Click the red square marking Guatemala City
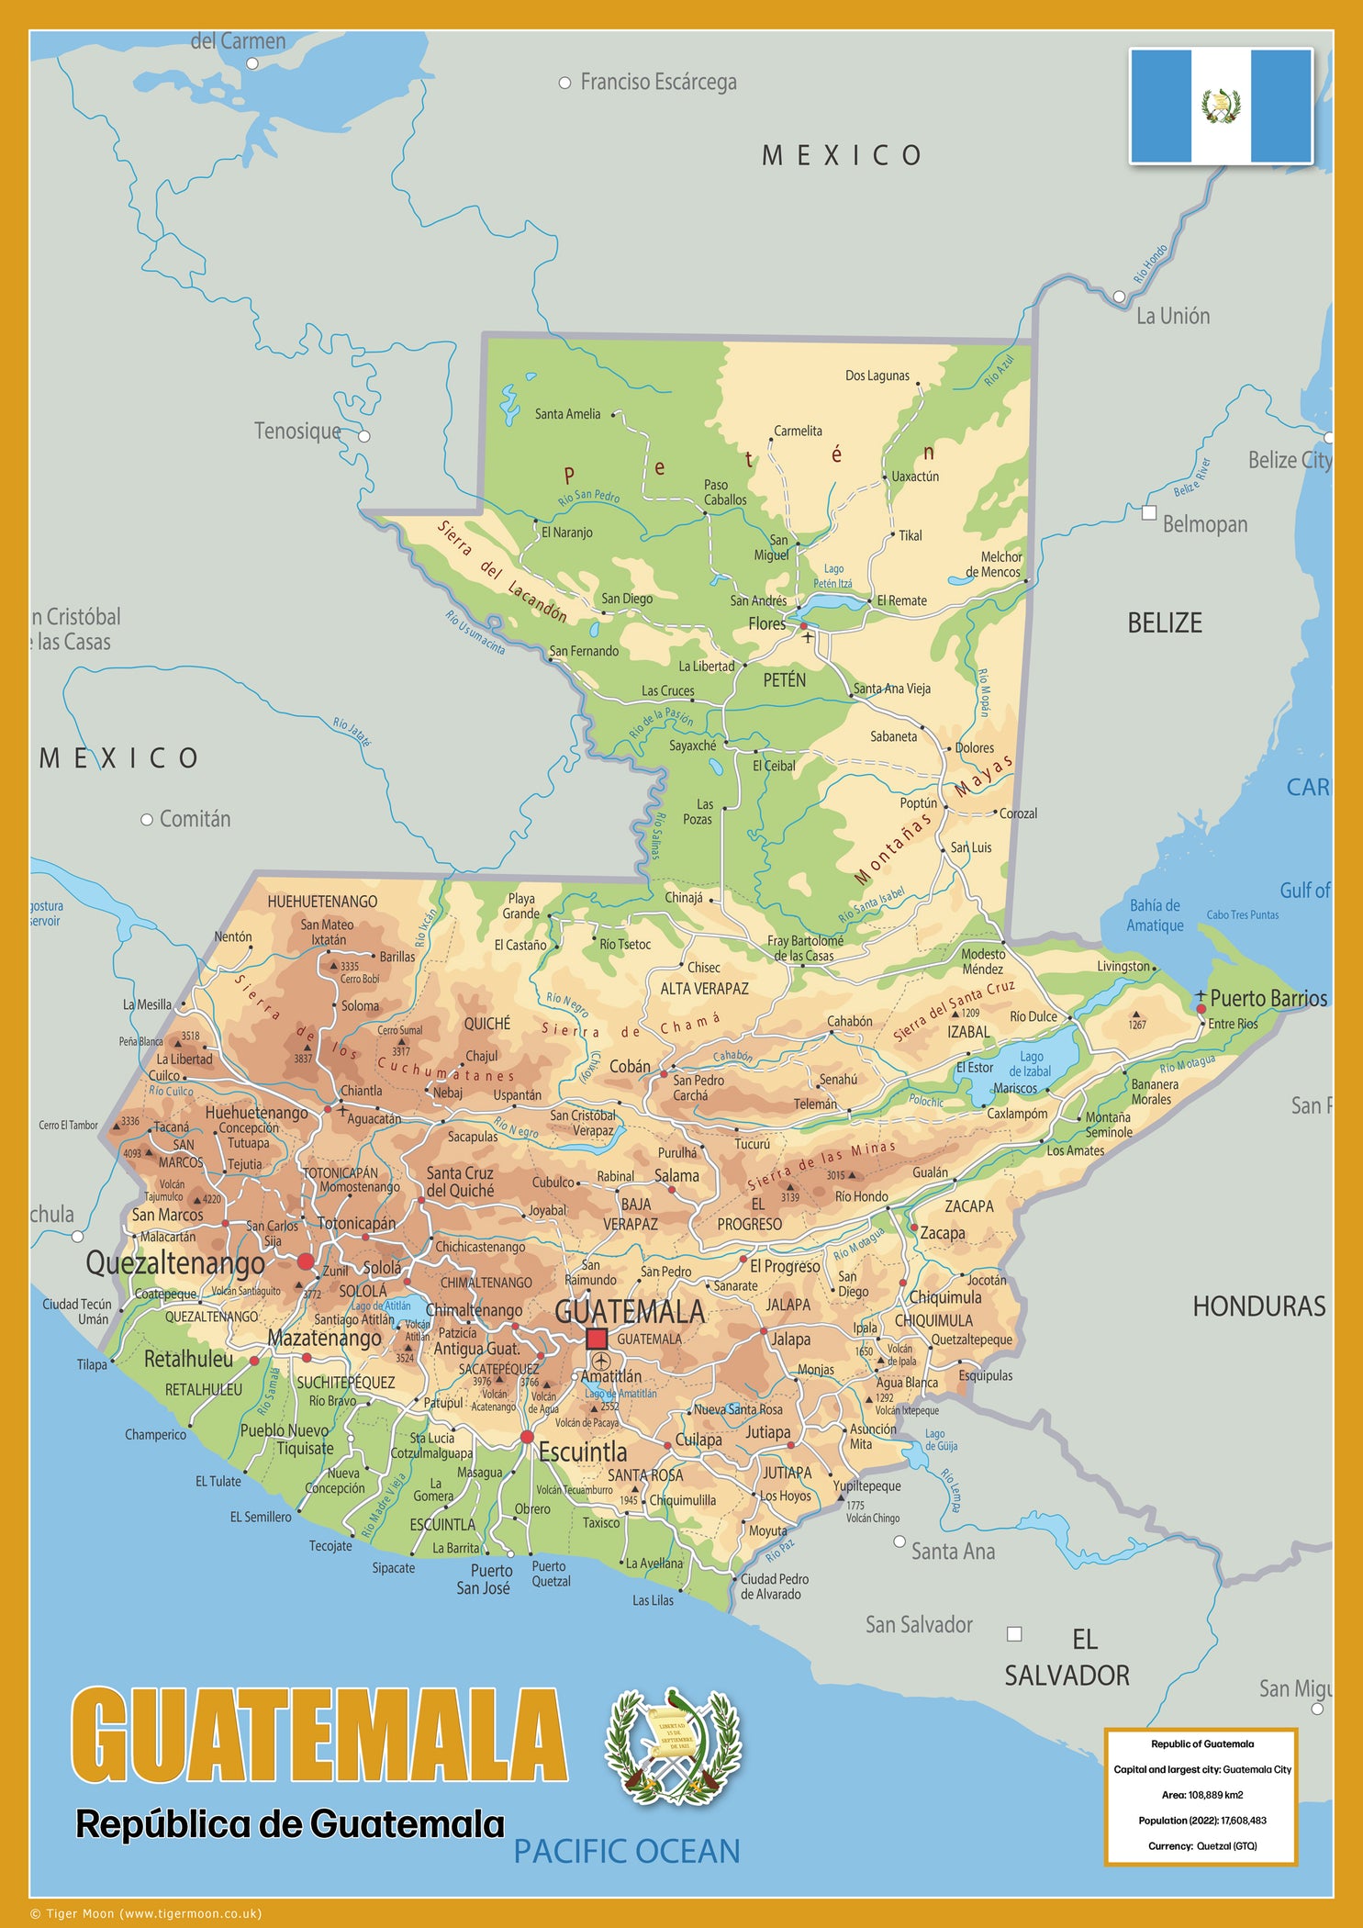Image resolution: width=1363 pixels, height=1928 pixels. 597,1338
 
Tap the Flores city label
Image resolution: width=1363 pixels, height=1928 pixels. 766,624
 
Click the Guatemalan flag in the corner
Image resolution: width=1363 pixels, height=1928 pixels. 1221,106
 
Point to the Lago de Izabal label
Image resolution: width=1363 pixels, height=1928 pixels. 1030,1064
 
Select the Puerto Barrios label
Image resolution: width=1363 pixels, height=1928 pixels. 1268,999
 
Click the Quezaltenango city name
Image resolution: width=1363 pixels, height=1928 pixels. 175,1263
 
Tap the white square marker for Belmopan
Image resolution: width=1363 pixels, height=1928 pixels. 1148,513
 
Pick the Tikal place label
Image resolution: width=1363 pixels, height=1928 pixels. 910,536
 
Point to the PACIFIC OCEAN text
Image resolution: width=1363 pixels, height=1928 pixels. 626,1852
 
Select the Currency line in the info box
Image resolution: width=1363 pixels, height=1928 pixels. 1202,1845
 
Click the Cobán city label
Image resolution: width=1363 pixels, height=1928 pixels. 630,1067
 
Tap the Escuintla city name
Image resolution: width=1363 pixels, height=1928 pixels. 583,1452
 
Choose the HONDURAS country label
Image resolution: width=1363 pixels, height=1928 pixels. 1258,1306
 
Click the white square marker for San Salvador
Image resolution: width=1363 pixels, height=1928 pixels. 1014,1633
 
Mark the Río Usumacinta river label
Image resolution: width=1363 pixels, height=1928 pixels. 475,633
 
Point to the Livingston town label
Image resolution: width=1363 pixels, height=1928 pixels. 1123,967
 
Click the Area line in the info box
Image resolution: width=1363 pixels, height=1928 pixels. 1202,1795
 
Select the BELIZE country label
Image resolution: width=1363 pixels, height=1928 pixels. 1164,623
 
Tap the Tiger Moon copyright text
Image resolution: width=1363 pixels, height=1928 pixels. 146,1914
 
